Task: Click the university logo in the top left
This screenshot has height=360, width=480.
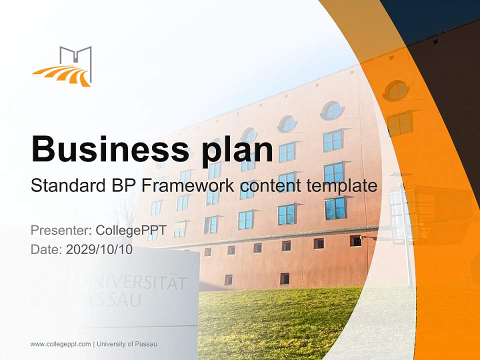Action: pyautogui.click(x=63, y=66)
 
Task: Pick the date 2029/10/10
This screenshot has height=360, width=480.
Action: pyautogui.click(x=99, y=249)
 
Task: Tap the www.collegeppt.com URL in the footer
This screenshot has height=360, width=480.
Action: pyautogui.click(x=60, y=344)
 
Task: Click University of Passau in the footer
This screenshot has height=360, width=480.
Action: pyautogui.click(x=127, y=344)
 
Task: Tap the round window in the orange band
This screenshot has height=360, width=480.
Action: pyautogui.click(x=396, y=90)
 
